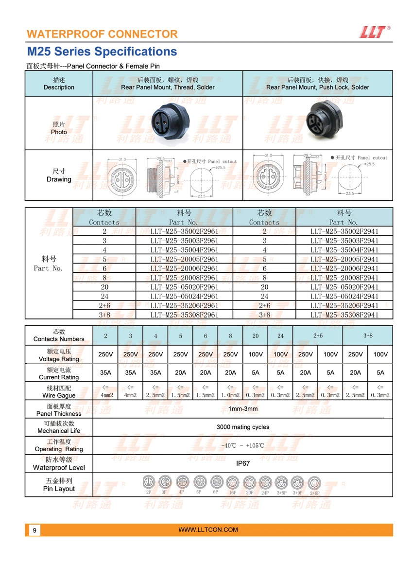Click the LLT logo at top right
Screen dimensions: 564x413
click(x=375, y=32)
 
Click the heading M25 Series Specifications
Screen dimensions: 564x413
click(x=102, y=52)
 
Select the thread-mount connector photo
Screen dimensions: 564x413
click(x=168, y=123)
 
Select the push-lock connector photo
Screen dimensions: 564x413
click(x=318, y=123)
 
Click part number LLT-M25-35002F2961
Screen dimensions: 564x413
click(x=184, y=231)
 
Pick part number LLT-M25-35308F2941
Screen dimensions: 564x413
click(x=344, y=315)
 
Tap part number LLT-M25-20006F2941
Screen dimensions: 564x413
click(x=344, y=268)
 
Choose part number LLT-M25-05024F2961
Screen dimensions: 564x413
click(x=184, y=296)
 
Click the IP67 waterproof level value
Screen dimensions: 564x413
click(x=242, y=463)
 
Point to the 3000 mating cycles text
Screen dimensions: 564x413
click(x=242, y=427)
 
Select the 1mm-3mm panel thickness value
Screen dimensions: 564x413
click(x=242, y=409)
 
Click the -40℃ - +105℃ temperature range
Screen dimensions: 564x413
click(x=242, y=445)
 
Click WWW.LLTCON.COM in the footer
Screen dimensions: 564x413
click(x=208, y=530)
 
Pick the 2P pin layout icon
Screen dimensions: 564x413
click(x=148, y=483)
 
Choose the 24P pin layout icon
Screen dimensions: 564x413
click(x=265, y=483)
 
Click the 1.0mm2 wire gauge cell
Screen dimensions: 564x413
click(x=230, y=395)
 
